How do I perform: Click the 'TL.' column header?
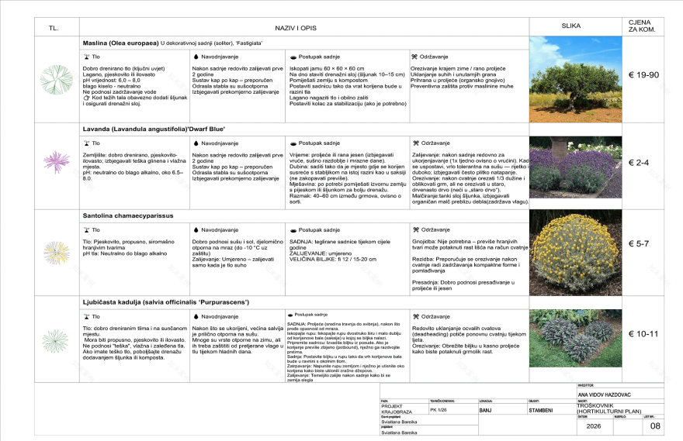(x=54, y=28)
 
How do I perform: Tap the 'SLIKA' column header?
(x=571, y=26)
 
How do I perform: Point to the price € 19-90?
(x=643, y=75)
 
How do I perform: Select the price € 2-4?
(x=643, y=163)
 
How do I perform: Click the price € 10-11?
(x=643, y=334)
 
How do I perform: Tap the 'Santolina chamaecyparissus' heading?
(x=127, y=215)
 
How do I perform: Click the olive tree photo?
(x=575, y=79)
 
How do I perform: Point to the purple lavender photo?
(x=575, y=166)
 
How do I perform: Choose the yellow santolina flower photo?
(x=575, y=252)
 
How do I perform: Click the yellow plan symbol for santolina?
(x=56, y=252)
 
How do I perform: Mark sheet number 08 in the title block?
(x=655, y=425)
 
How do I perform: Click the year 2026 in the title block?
(x=594, y=425)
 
